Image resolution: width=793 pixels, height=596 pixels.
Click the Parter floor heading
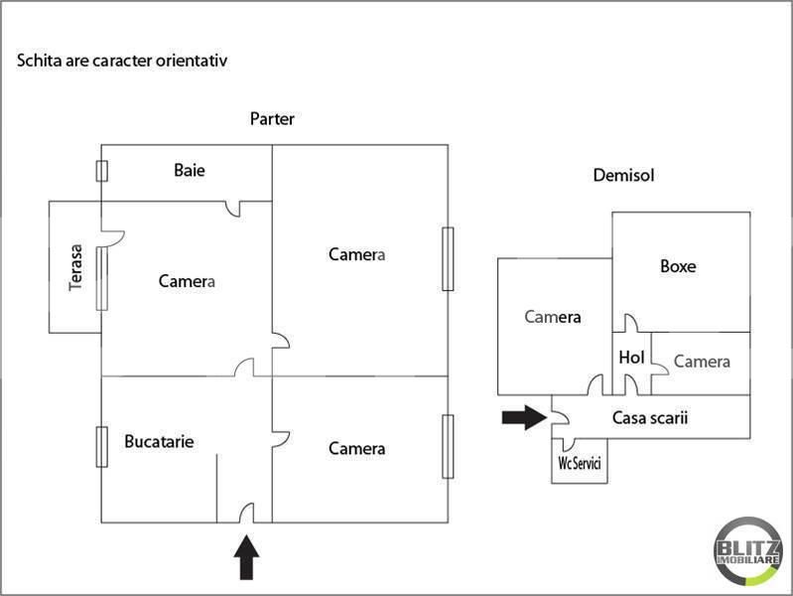(272, 119)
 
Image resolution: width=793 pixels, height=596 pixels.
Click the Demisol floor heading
(623, 176)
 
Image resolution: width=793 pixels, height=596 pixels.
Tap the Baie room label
(190, 170)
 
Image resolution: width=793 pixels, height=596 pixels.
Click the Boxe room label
(678, 266)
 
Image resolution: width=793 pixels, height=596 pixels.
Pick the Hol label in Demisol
(631, 358)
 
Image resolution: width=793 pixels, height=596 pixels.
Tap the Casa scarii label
(650, 418)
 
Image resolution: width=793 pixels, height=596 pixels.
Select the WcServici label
(580, 465)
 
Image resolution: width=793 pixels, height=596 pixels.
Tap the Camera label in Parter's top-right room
(356, 254)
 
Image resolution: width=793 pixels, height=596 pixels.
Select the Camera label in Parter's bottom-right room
(356, 449)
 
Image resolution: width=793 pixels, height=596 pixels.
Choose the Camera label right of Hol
(702, 362)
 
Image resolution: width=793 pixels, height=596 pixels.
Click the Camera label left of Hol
(552, 318)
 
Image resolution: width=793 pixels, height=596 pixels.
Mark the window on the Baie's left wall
(101, 170)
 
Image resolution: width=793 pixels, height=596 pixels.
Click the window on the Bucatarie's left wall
(101, 446)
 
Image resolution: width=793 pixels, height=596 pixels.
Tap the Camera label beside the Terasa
(187, 281)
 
